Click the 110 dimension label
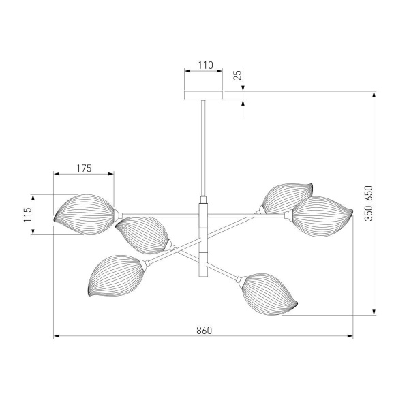[x=206, y=65]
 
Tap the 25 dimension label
[x=238, y=75]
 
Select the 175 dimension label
[x=84, y=168]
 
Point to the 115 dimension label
[x=28, y=215]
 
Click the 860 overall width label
[x=204, y=331]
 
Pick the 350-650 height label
[x=368, y=203]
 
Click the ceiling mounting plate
[x=203, y=95]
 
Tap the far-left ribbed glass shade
[x=84, y=215]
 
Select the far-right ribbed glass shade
[x=322, y=217]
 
